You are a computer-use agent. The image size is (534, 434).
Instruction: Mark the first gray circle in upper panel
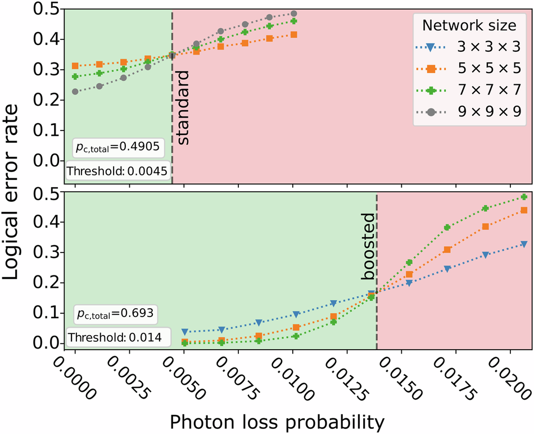pos(75,91)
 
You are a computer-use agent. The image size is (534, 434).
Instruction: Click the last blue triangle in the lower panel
pos(524,244)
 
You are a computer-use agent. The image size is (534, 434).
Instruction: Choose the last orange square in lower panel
pos(524,210)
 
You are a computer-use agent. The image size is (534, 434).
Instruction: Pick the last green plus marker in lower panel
pos(524,197)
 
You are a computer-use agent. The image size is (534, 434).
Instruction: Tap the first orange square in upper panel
pos(75,66)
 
